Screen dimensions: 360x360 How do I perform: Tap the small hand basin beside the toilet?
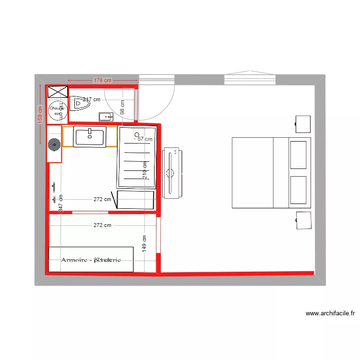(x=106, y=116)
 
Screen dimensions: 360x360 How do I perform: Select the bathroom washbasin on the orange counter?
(x=90, y=136)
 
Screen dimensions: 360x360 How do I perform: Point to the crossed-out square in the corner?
(x=57, y=92)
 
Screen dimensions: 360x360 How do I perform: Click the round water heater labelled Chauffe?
(x=56, y=110)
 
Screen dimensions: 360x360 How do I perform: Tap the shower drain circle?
(x=137, y=135)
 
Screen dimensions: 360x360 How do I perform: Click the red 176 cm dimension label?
(x=102, y=80)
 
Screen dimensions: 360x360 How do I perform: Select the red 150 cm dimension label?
(x=40, y=114)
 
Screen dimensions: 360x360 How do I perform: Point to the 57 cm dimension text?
(x=145, y=139)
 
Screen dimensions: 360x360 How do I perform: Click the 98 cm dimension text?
(x=122, y=107)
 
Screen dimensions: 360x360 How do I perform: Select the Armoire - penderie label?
(x=91, y=260)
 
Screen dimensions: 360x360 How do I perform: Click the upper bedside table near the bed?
(x=303, y=124)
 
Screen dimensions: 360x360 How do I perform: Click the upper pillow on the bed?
(x=298, y=155)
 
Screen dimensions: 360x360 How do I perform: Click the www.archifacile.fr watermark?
(x=330, y=314)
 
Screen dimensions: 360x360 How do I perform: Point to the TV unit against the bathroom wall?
(x=173, y=173)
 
